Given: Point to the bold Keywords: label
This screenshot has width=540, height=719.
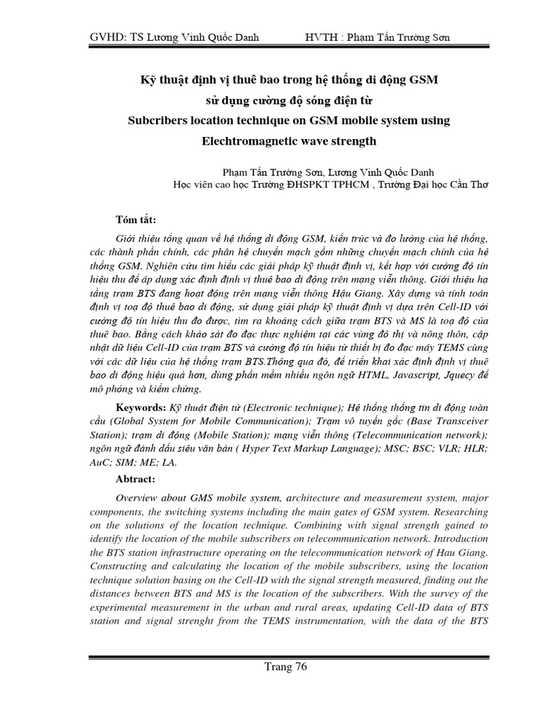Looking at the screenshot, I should click(139, 408).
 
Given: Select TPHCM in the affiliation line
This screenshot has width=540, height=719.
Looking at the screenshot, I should click(344, 185).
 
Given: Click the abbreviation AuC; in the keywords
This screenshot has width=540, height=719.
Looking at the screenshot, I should click(102, 463).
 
